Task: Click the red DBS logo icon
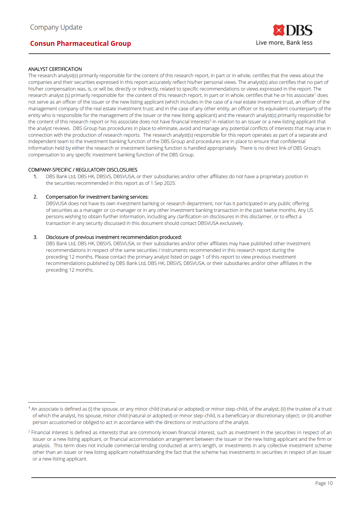click(x=278, y=30)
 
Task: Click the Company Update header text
click(x=56, y=27)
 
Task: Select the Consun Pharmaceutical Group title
click(x=80, y=44)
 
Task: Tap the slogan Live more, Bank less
click(x=284, y=43)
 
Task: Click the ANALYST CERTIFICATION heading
click(x=55, y=69)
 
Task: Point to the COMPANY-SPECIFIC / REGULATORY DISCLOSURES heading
click(x=83, y=170)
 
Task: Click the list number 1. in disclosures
click(x=35, y=176)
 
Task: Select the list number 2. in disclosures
click(x=35, y=197)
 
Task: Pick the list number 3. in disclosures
click(x=35, y=237)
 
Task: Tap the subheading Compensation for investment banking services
click(x=97, y=197)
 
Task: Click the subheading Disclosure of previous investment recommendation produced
click(x=114, y=237)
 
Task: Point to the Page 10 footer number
click(x=324, y=483)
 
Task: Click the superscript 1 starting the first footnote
click(x=29, y=408)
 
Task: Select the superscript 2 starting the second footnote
click(x=29, y=432)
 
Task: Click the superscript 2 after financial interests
click(x=210, y=120)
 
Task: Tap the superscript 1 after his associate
click(x=315, y=94)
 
